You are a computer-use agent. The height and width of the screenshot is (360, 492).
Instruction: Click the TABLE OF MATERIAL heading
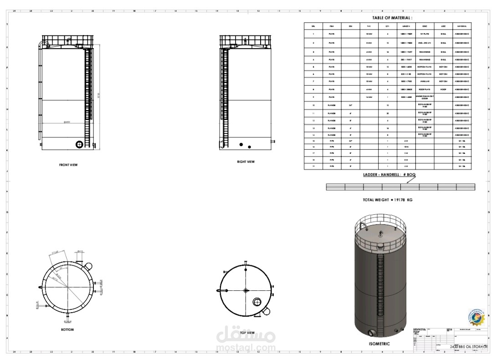pos(392,18)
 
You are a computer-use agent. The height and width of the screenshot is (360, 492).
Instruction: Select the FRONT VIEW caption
pos(68,165)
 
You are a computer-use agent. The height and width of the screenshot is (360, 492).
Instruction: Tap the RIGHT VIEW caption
pos(246,162)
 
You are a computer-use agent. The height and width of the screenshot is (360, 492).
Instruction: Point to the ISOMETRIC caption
pos(379,344)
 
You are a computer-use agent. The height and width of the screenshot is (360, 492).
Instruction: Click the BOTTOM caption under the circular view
pos(67,330)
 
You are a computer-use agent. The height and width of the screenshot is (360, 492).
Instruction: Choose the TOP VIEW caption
pos(247,333)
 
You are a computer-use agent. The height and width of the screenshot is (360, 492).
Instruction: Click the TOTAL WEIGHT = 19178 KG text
pos(387,200)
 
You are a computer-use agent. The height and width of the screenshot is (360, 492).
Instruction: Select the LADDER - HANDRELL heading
pos(389,175)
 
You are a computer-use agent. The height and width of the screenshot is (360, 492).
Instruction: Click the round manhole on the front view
pos(79,144)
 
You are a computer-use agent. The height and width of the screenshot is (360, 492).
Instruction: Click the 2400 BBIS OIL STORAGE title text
pos(469,347)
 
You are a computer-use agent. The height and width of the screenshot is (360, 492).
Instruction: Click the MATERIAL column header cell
pos(462,26)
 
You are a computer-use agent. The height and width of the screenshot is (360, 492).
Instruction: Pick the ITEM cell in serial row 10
pos(332,105)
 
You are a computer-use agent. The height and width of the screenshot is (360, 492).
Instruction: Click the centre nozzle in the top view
pos(246,290)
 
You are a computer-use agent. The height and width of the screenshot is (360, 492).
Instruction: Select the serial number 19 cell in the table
pos(313,167)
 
